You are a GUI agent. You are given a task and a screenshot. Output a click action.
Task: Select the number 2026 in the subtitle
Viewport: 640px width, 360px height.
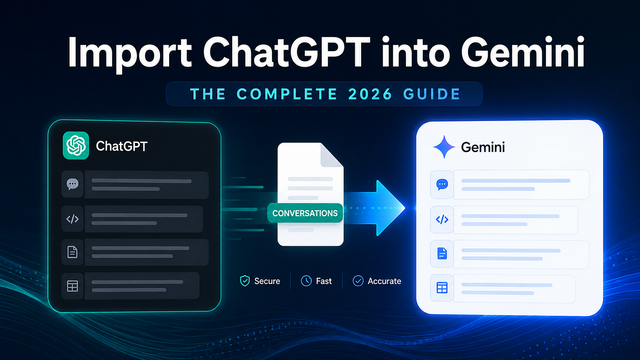[x=370, y=94]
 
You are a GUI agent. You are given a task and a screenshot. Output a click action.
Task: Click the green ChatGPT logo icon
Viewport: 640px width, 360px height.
[x=76, y=145]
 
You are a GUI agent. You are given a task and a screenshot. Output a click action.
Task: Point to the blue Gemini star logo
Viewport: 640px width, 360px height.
[x=444, y=147]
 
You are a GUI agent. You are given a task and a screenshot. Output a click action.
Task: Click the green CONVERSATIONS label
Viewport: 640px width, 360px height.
[x=305, y=213]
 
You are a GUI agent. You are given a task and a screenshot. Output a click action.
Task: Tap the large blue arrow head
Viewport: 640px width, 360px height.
[x=390, y=208]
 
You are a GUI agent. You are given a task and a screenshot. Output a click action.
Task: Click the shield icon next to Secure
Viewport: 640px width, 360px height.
[x=245, y=281]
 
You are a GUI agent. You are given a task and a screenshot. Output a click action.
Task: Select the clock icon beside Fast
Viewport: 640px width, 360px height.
[x=306, y=281]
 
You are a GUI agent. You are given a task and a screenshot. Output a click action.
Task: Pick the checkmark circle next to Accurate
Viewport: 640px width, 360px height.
[x=358, y=281]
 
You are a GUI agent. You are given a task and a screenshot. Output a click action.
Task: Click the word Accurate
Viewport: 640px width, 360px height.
[x=384, y=281]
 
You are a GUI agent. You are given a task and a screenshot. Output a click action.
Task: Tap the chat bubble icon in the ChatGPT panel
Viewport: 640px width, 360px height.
[x=73, y=184]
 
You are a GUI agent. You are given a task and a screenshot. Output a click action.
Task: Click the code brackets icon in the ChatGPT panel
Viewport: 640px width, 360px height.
[x=73, y=219]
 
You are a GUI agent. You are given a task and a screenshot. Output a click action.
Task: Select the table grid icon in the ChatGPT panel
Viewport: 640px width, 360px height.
[x=72, y=286]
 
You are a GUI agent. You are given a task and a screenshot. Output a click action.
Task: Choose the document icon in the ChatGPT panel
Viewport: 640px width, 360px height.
[x=72, y=252]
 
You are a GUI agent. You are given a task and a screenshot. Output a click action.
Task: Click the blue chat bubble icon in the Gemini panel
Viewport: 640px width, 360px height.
[x=442, y=185]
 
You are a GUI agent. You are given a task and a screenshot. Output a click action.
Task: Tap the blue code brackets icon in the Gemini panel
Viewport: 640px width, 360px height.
[x=442, y=220]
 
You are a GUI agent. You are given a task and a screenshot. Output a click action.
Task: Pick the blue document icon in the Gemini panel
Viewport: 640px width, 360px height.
[x=442, y=254]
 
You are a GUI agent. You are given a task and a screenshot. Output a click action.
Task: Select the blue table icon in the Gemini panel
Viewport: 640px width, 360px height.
[x=442, y=288]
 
